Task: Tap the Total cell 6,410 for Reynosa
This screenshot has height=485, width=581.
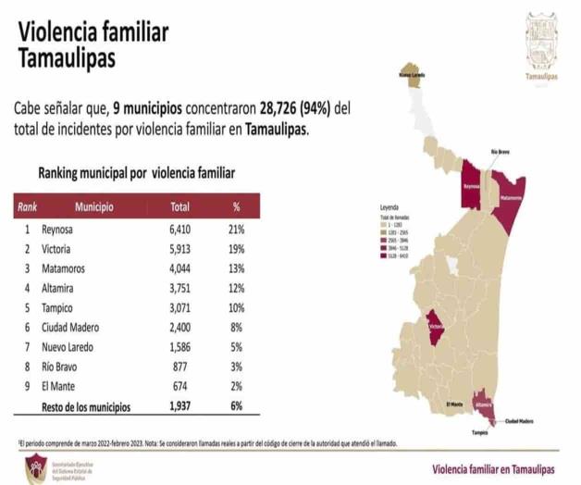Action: pyautogui.click(x=179, y=230)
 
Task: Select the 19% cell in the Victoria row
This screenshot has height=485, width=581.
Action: pyautogui.click(x=236, y=249)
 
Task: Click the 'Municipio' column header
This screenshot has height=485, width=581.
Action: pyautogui.click(x=93, y=207)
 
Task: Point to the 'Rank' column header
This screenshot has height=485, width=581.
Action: pyautogui.click(x=28, y=207)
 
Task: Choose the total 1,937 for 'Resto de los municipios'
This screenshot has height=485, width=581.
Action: pyautogui.click(x=179, y=406)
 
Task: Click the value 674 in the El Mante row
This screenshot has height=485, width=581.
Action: pyautogui.click(x=179, y=386)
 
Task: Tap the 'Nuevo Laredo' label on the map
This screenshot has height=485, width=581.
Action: pyautogui.click(x=412, y=74)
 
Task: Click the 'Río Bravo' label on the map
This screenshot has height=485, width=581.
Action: pyautogui.click(x=500, y=151)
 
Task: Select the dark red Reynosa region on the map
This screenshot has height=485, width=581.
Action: pyautogui.click(x=475, y=183)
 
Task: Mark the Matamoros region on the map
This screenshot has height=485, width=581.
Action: pyautogui.click(x=510, y=197)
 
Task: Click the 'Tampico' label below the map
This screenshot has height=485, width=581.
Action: pyautogui.click(x=479, y=432)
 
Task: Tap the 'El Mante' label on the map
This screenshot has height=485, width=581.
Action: pyautogui.click(x=454, y=404)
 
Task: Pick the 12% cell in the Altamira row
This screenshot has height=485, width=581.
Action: pyautogui.click(x=236, y=288)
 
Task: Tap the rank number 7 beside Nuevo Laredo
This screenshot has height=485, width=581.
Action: pyautogui.click(x=28, y=346)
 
